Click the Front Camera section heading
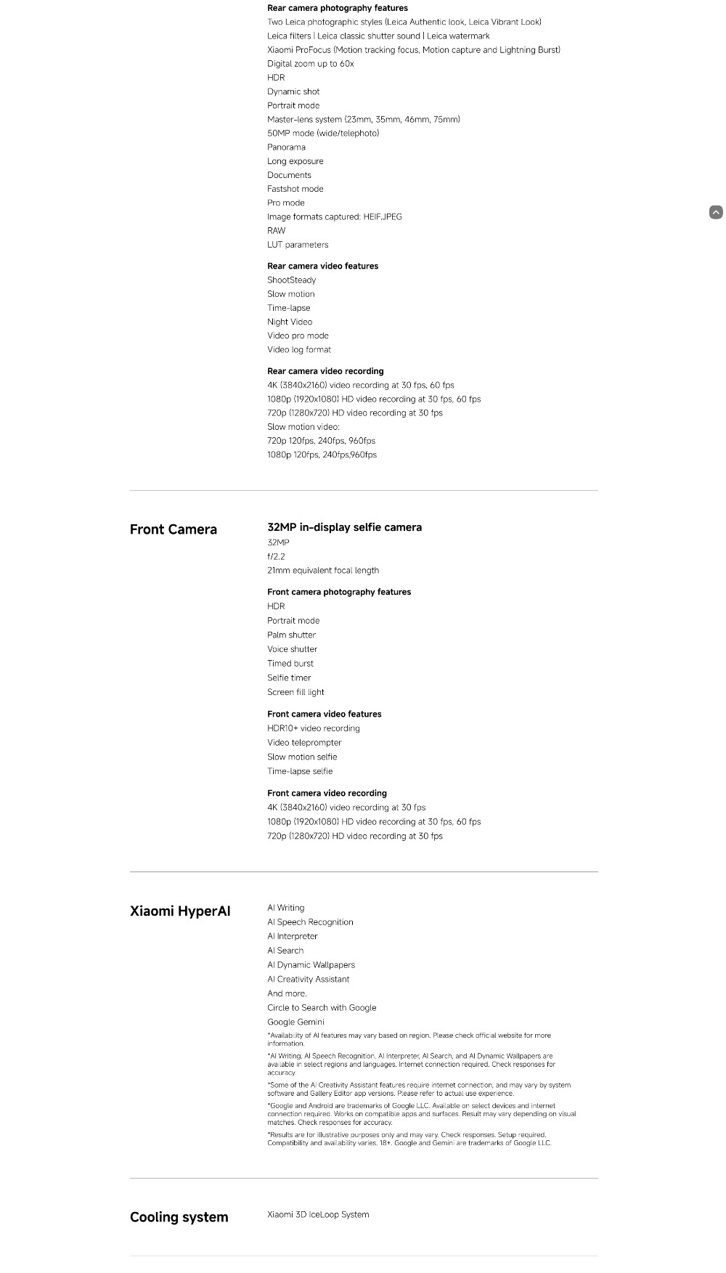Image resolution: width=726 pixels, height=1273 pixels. [173, 529]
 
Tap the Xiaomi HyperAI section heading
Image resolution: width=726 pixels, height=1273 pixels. [180, 911]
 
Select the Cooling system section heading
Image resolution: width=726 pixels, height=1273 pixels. [179, 1217]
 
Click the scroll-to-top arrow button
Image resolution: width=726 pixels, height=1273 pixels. [716, 212]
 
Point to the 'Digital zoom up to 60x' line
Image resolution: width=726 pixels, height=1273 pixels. [310, 64]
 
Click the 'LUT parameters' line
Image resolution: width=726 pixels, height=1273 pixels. [298, 245]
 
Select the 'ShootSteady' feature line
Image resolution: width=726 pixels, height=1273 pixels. [291, 280]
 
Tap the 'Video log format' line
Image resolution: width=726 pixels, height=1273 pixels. [299, 350]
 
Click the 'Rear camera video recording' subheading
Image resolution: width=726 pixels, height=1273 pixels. [325, 371]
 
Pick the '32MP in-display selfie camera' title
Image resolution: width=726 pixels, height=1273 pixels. [344, 527]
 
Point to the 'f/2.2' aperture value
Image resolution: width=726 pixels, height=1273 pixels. [276, 557]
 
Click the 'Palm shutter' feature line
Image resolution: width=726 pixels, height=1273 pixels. [291, 635]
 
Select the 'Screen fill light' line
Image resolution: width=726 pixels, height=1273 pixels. [295, 692]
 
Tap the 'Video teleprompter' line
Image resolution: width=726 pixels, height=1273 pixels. [304, 743]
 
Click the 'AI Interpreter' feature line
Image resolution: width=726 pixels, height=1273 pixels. [292, 937]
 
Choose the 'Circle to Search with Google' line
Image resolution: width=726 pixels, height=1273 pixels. [322, 1008]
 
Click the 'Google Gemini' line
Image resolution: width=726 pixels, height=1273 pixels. [295, 1022]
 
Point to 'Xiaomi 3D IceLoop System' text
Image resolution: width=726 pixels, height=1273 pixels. [318, 1215]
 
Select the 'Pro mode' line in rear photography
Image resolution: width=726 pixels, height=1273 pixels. [285, 203]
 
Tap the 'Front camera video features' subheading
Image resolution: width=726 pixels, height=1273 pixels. [324, 715]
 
